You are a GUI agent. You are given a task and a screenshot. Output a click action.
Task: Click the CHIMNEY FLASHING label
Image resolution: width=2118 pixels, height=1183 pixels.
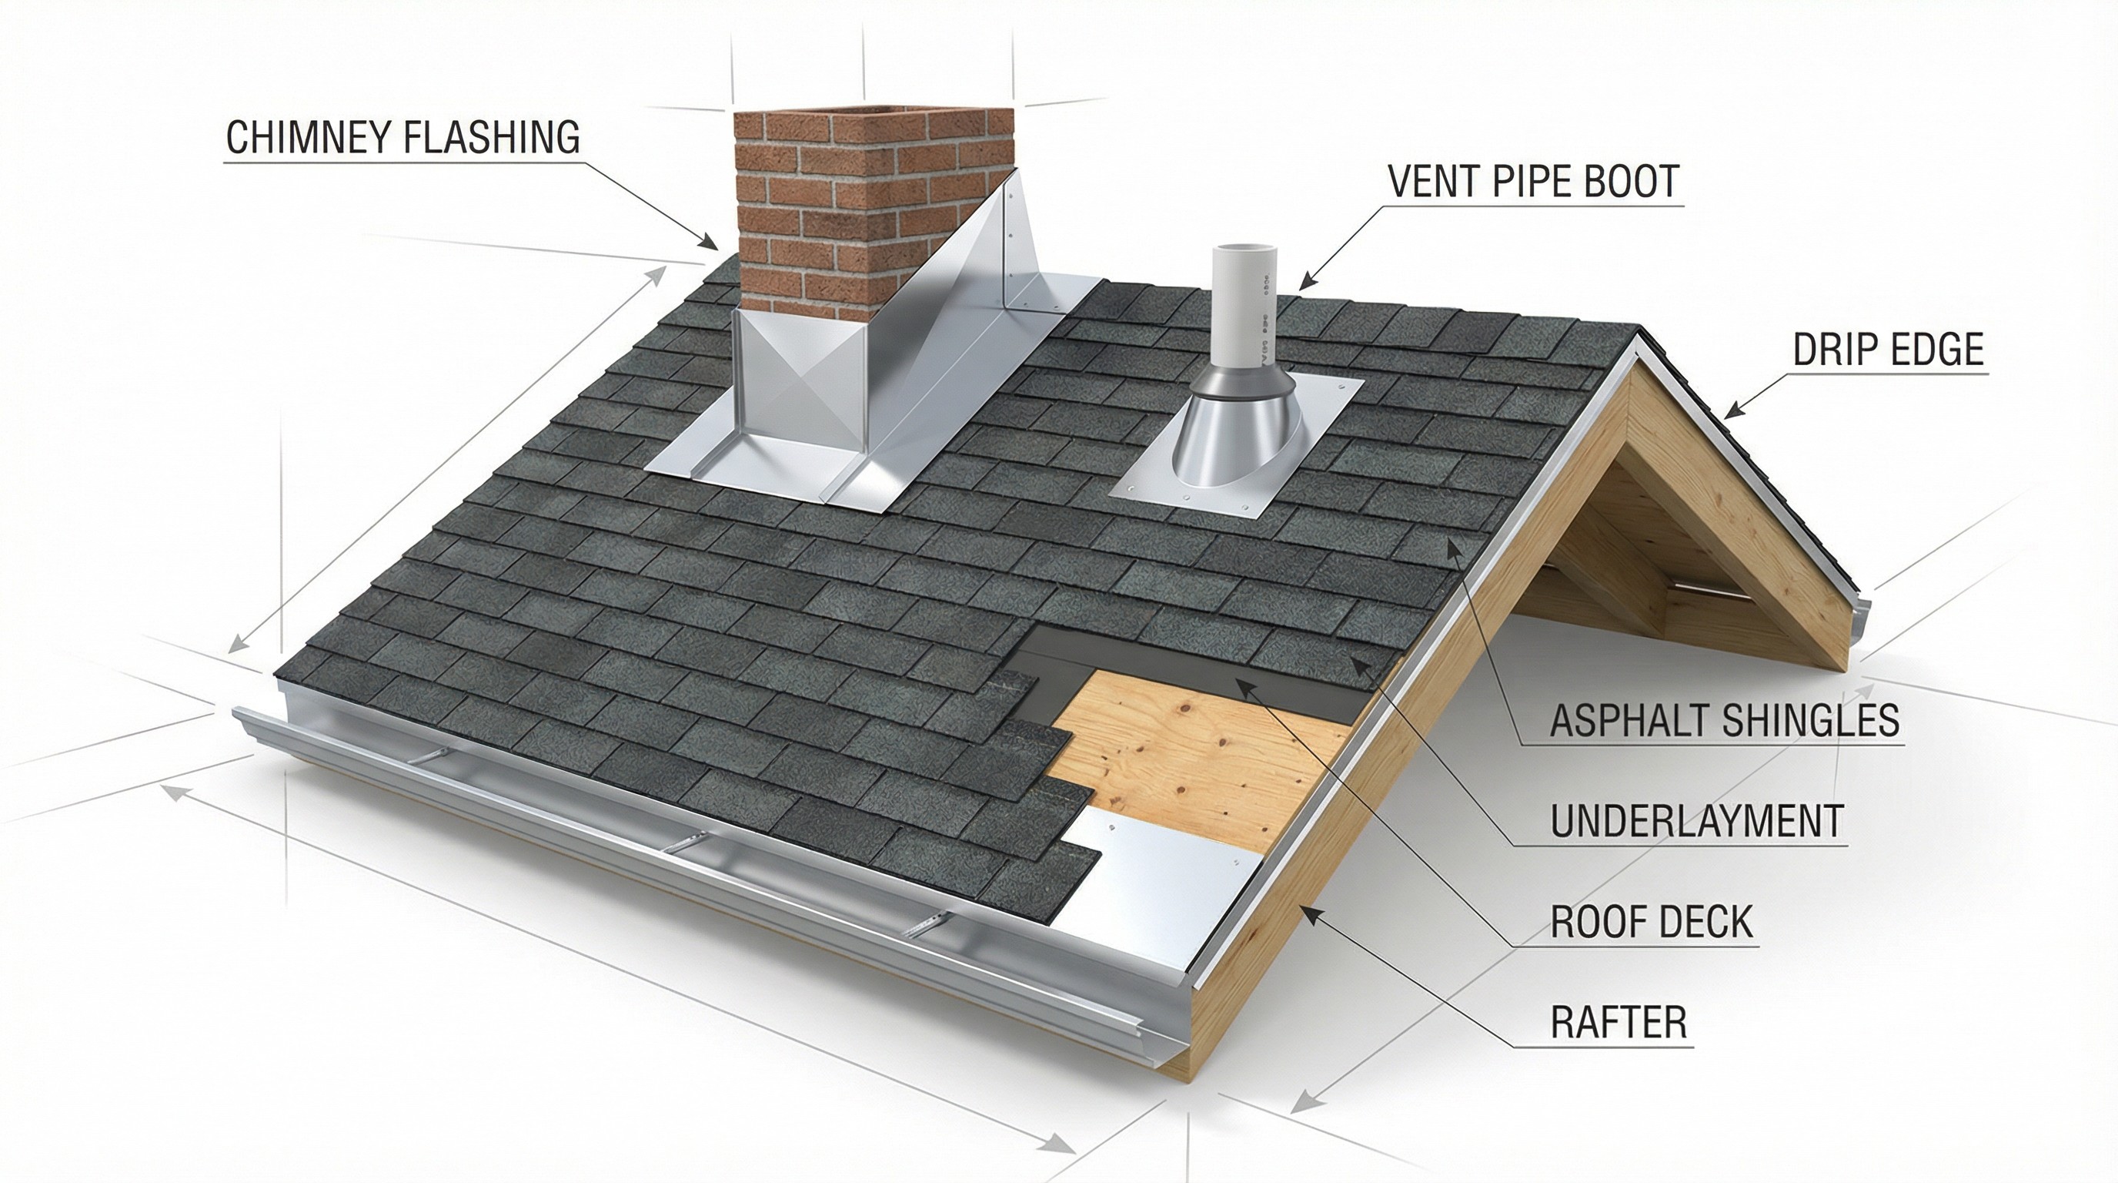pos(402,137)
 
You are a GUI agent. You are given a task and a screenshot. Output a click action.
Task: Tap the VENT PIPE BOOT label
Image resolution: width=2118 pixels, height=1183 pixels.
pos(1533,181)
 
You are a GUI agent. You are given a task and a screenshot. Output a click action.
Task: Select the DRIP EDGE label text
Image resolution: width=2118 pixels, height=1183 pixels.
pos(1888,350)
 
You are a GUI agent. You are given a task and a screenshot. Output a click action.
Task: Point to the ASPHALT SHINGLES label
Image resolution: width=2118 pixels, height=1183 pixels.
pos(1724,720)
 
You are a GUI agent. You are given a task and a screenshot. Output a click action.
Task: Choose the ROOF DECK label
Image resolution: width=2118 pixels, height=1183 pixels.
pos(1651,921)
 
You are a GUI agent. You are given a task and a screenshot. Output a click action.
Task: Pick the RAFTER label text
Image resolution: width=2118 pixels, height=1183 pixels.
pos(1618,1023)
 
